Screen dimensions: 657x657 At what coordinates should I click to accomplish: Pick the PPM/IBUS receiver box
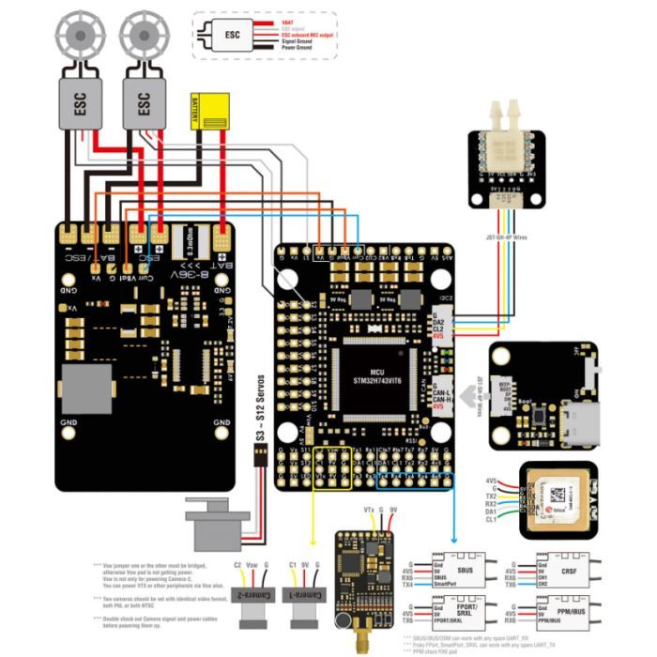(568, 614)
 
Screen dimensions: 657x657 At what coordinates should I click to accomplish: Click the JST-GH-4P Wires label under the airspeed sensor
(508, 237)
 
